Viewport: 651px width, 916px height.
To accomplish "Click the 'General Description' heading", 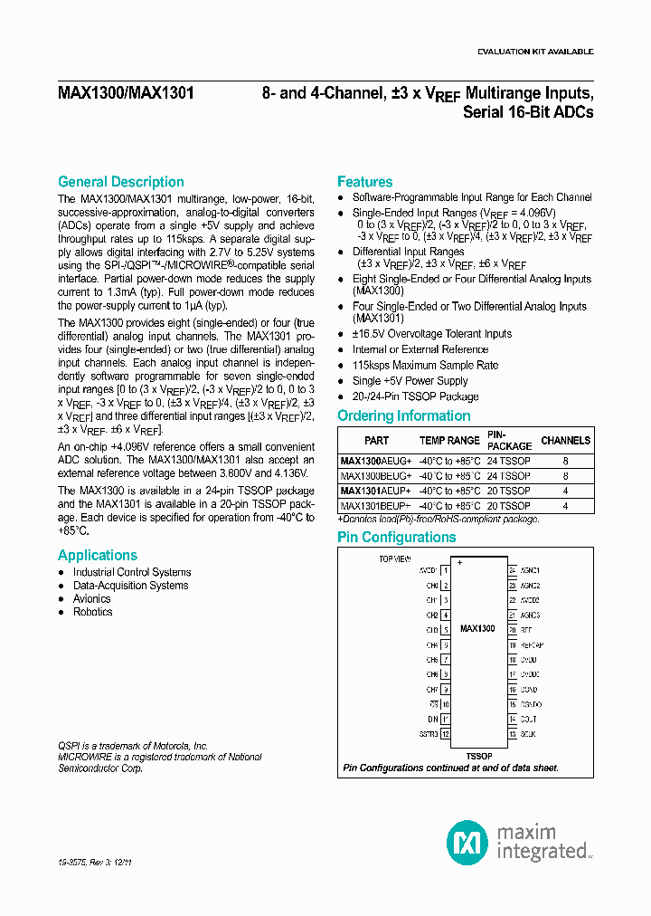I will pyautogui.click(x=120, y=182).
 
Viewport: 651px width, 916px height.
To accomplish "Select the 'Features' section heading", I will pyautogui.click(x=364, y=182).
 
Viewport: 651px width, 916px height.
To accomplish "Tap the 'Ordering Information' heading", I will pyautogui.click(x=403, y=416).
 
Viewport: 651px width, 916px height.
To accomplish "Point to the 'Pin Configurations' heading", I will pyautogui.click(x=396, y=538).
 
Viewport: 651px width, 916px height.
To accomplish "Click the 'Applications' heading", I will pyautogui.click(x=98, y=556).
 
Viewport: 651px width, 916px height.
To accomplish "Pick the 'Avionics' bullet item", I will pyautogui.click(x=91, y=598).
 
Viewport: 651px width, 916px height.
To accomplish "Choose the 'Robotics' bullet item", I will pyautogui.click(x=92, y=612).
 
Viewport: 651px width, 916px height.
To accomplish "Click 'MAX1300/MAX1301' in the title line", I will pyautogui.click(x=126, y=93).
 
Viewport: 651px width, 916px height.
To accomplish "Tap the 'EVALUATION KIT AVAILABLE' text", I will pyautogui.click(x=535, y=52).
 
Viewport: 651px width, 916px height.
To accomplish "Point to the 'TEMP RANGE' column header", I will pyautogui.click(x=450, y=441).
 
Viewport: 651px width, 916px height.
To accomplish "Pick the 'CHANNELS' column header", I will pyautogui.click(x=565, y=441).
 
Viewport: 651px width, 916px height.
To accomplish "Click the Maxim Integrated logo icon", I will pyautogui.click(x=467, y=841).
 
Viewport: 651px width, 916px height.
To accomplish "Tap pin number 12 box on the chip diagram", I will pyautogui.click(x=445, y=734).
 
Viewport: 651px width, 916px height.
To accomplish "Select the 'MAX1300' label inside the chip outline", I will pyautogui.click(x=477, y=627).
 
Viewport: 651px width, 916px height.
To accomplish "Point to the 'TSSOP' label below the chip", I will pyautogui.click(x=478, y=754).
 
